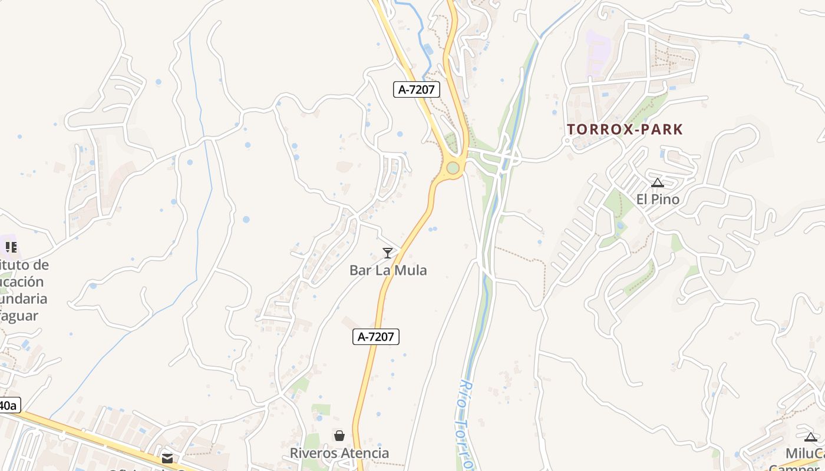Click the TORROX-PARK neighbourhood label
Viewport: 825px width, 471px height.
625,130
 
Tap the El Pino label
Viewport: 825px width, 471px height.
658,200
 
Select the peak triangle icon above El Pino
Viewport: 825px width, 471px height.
658,183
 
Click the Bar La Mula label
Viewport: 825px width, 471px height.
388,270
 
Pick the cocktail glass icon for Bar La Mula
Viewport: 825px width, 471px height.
388,253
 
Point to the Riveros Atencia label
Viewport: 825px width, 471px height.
339,453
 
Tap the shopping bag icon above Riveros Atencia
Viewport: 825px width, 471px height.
339,436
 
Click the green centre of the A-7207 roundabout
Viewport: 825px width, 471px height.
453,168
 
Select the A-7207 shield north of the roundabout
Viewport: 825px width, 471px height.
417,89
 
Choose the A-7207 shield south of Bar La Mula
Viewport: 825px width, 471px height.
376,337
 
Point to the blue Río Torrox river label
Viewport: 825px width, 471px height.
464,424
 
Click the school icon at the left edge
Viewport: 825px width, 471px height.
11,247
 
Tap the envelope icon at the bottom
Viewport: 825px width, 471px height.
167,458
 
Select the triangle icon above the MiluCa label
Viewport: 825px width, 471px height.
811,437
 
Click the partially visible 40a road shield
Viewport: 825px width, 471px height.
9,406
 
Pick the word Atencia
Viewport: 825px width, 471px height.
366,453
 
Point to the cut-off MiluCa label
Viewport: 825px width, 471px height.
805,454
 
